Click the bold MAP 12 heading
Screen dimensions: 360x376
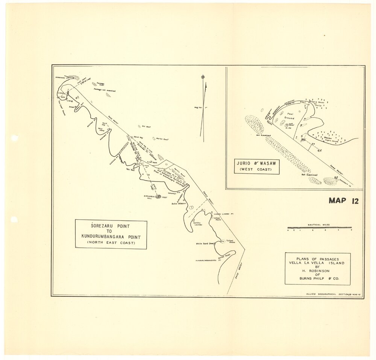343,201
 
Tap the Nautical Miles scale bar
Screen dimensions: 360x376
319,228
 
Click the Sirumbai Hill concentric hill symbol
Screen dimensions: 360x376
158,196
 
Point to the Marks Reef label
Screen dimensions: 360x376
162,139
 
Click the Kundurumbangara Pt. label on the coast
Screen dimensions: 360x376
207,260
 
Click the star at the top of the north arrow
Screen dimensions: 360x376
203,76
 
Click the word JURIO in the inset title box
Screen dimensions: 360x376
246,164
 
